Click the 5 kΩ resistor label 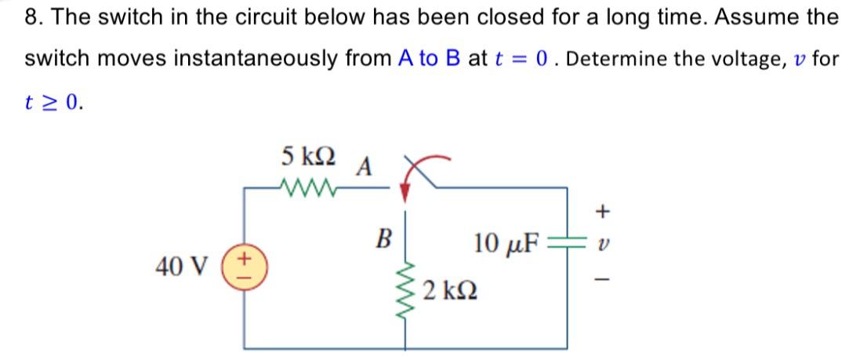pos(307,157)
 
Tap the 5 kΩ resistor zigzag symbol pos(308,187)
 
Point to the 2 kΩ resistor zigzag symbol pos(405,294)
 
